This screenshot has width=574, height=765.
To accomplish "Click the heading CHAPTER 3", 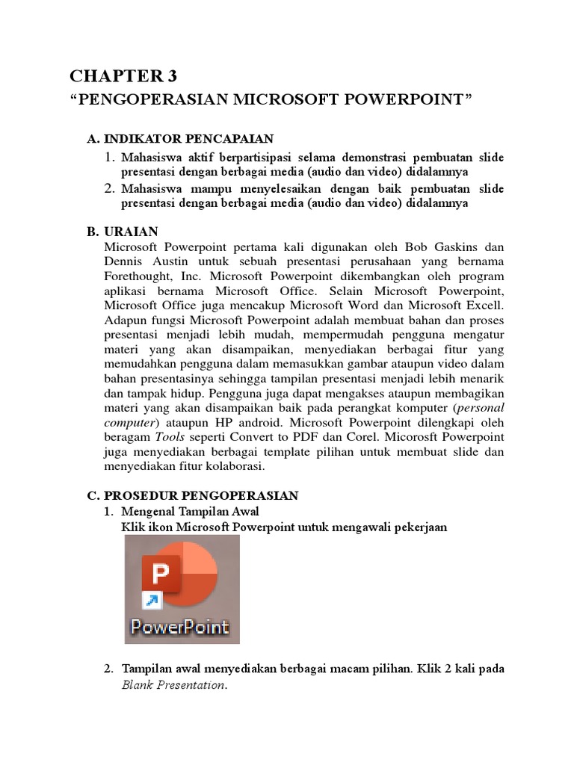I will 125,76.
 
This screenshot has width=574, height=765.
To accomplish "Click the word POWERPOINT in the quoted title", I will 414,100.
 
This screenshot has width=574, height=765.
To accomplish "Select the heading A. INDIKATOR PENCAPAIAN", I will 181,138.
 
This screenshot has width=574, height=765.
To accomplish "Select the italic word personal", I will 480,407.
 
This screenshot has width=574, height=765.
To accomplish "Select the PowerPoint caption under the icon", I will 180,626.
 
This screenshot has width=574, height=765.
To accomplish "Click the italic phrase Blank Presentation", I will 173,685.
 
